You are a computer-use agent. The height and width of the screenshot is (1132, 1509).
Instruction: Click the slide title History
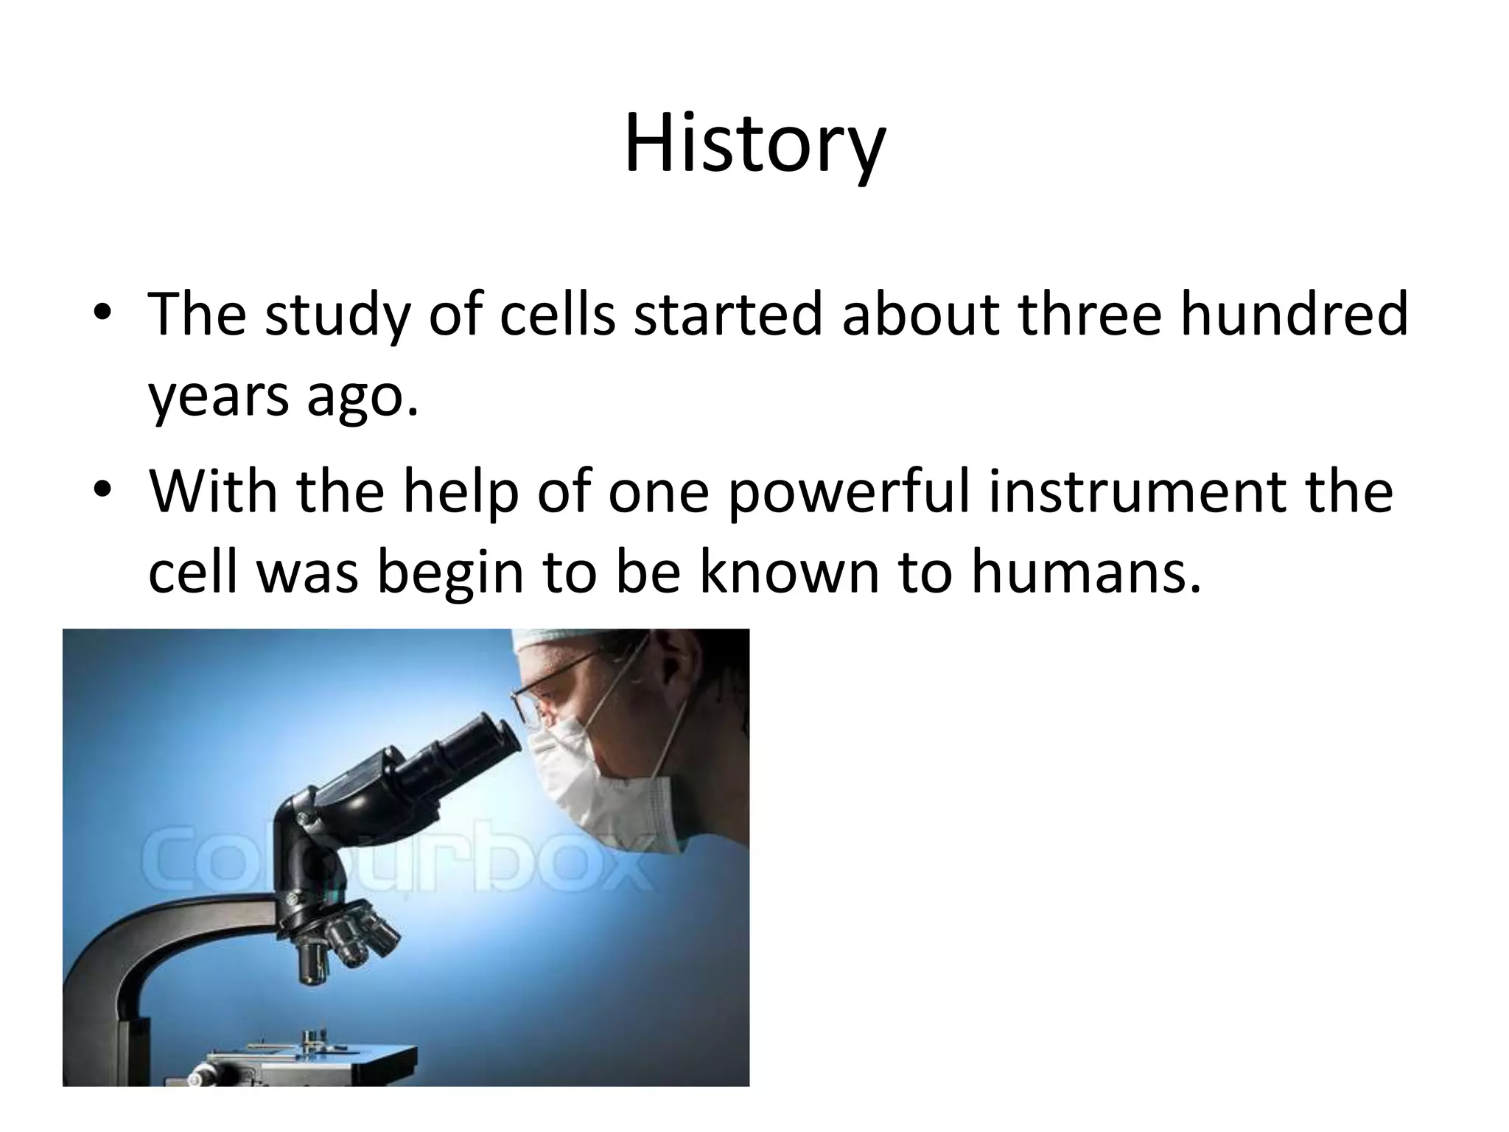tap(754, 144)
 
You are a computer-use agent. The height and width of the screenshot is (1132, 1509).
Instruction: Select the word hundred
tap(1294, 313)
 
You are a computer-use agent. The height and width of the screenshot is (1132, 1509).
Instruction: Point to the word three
tap(1090, 313)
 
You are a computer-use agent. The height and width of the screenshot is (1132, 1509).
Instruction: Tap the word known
tap(789, 573)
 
